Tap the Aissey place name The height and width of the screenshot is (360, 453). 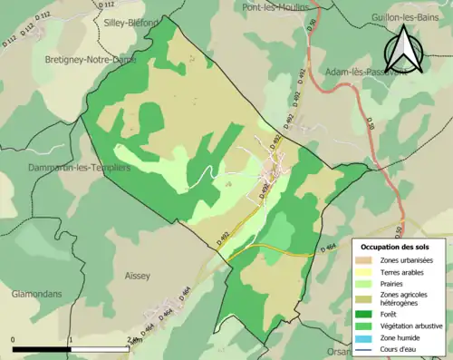[x=140, y=272]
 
